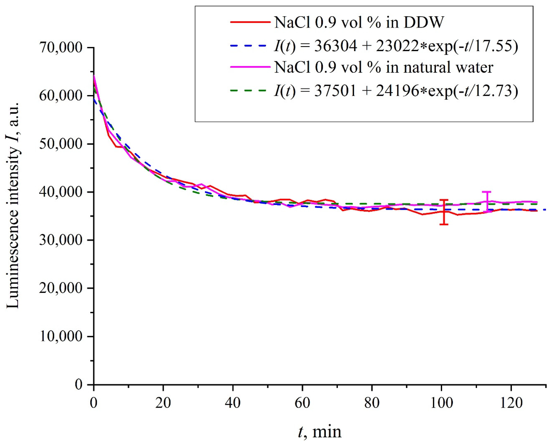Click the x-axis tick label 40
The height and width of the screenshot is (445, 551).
pos(233,403)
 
